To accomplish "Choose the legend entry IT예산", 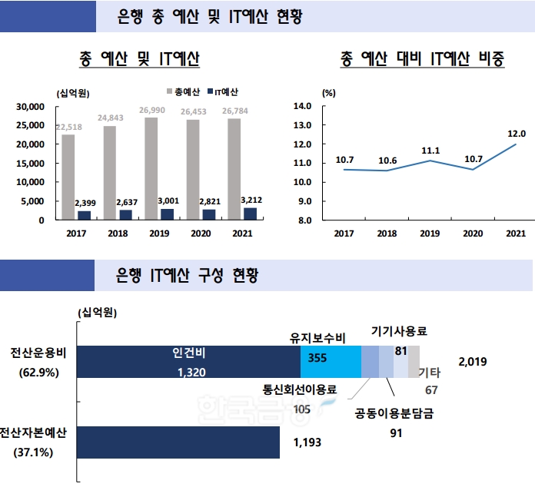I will click(x=226, y=92).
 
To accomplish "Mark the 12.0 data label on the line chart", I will click(x=516, y=133).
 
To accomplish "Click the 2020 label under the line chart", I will click(x=473, y=234).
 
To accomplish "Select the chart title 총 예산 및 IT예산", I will click(x=140, y=58).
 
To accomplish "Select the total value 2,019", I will click(x=472, y=361).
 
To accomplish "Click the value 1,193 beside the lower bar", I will click(x=307, y=442).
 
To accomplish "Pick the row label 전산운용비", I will click(x=38, y=353).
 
